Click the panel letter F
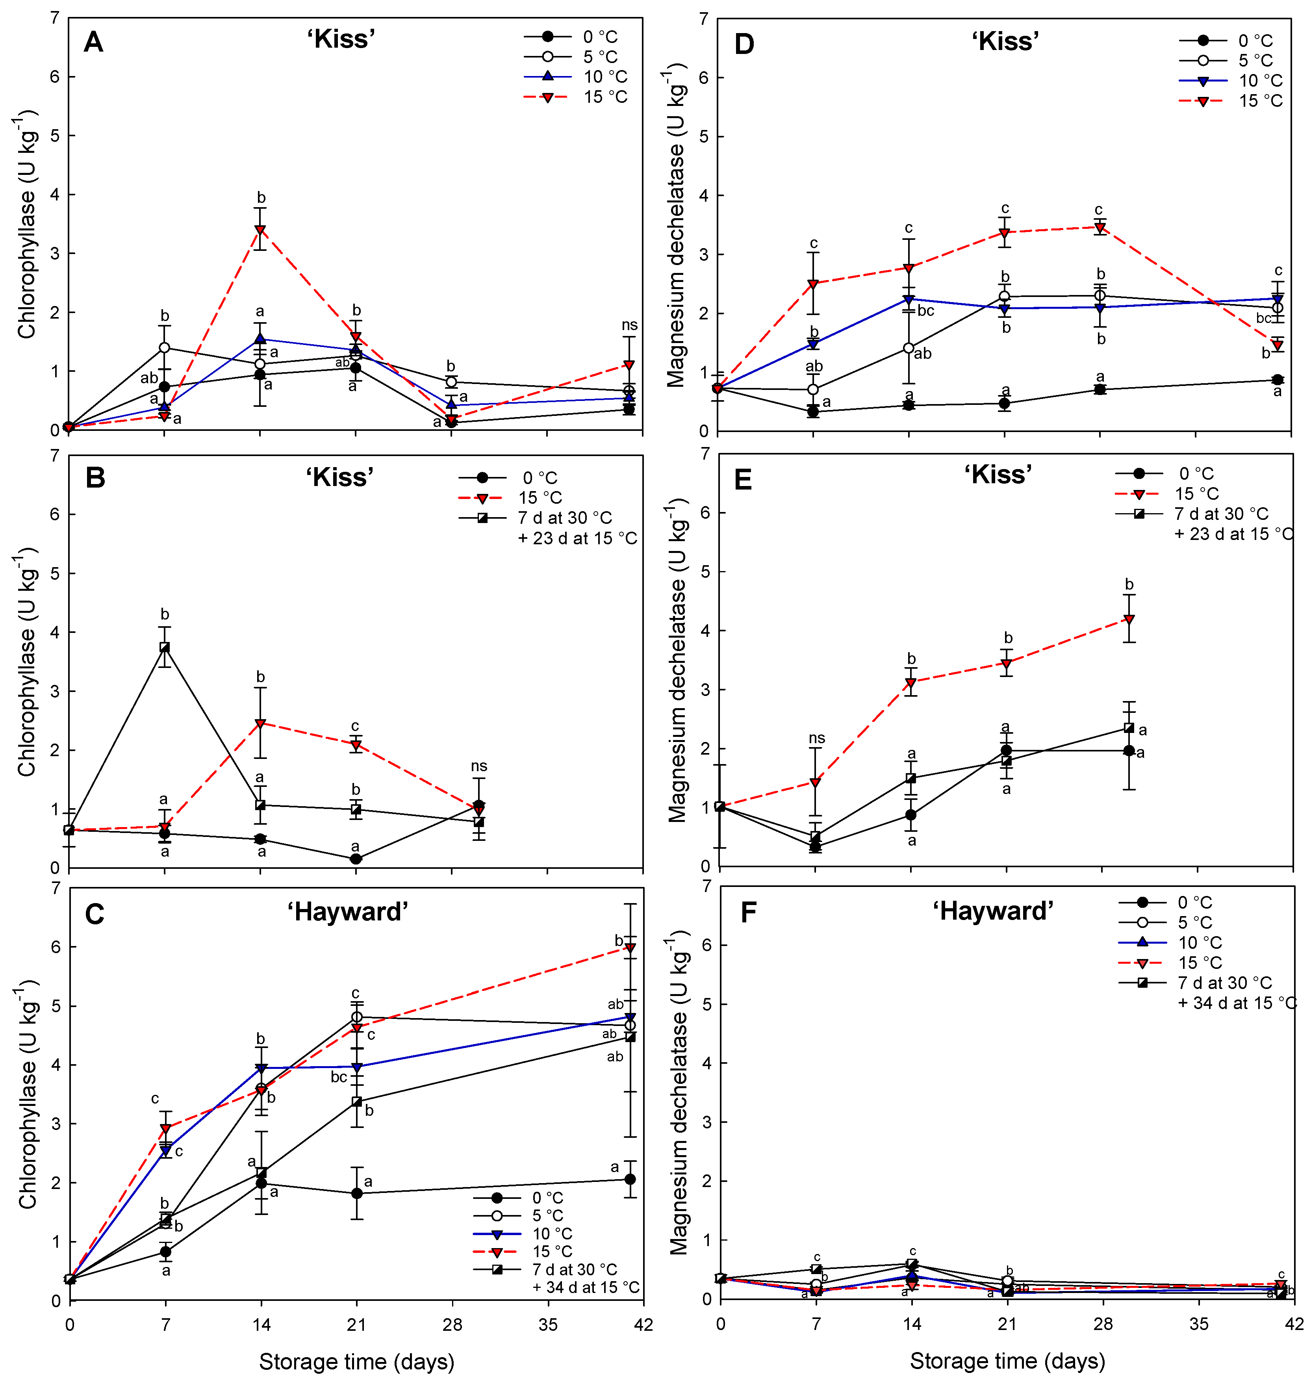pyautogui.click(x=748, y=913)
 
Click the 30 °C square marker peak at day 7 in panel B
pyautogui.click(x=165, y=647)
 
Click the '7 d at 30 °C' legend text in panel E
pyautogui.click(x=1221, y=514)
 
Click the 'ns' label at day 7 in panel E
pyautogui.click(x=816, y=738)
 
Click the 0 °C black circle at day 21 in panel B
pyautogui.click(x=356, y=859)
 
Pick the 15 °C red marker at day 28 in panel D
pyautogui.click(x=1100, y=227)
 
